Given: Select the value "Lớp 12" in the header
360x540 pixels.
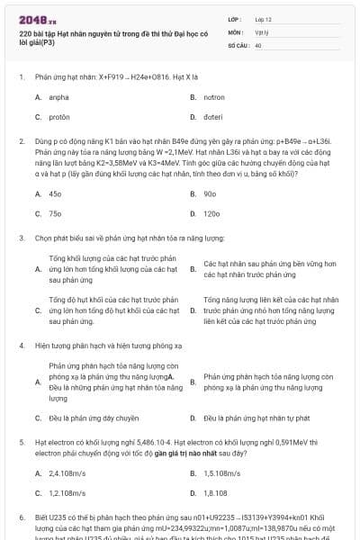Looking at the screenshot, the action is click(x=265, y=19).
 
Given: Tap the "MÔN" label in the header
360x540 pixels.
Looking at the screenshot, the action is click(x=236, y=31).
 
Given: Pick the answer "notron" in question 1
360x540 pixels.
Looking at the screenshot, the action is click(x=214, y=96).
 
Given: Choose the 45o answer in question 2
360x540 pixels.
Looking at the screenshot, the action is click(x=55, y=193).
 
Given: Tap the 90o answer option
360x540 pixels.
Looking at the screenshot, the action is click(x=210, y=193).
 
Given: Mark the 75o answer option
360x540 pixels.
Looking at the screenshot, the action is click(x=55, y=214).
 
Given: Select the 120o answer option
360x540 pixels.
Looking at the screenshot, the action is click(x=211, y=214).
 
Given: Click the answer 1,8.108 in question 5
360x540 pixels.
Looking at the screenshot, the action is click(x=215, y=493).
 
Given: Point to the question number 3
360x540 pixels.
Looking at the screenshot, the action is click(x=21, y=238).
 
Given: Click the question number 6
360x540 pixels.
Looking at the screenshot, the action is click(x=21, y=519).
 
